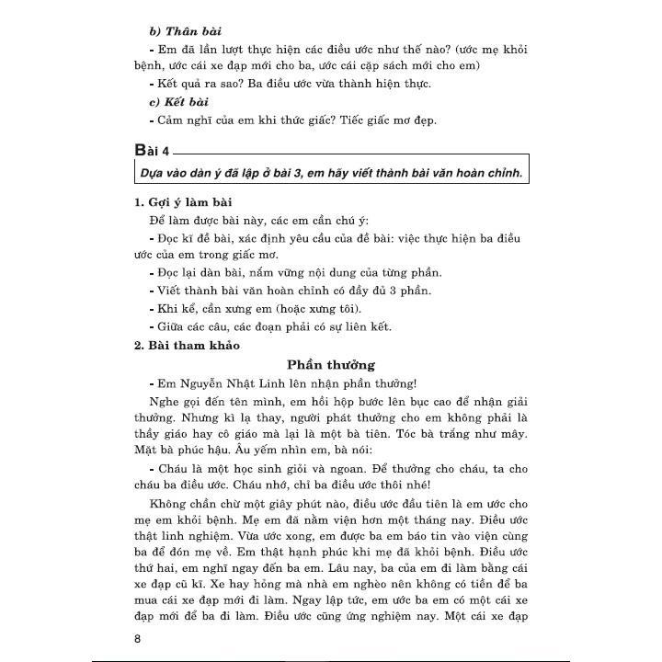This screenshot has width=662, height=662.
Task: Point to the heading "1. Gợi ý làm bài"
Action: click(x=181, y=202)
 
